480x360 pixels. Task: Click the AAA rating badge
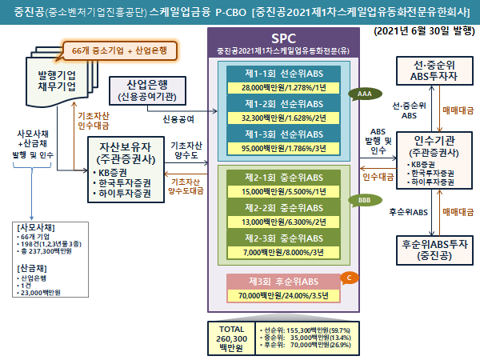pos(364,94)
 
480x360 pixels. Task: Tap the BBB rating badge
pos(364,200)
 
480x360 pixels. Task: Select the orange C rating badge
pos(348,277)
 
